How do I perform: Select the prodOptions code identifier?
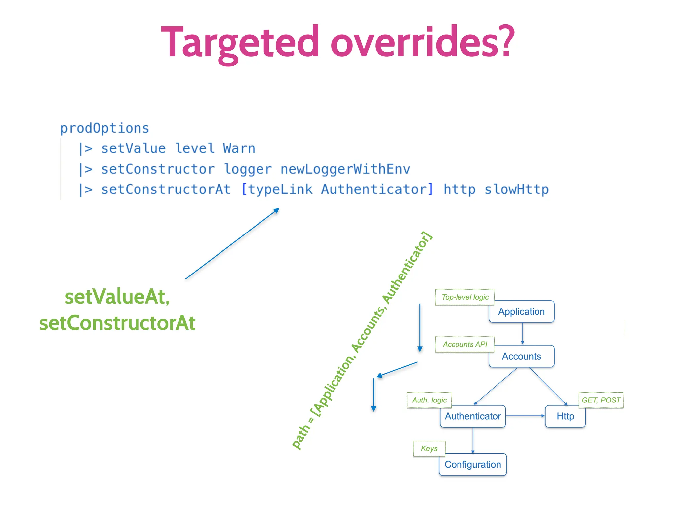coord(104,128)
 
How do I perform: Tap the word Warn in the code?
coord(239,148)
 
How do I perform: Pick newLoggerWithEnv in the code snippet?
coord(345,169)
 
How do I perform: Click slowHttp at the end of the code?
coord(516,190)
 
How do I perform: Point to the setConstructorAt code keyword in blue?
coord(166,190)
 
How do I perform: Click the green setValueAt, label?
coord(117,297)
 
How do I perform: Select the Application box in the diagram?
coord(521,312)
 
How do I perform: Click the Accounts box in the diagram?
coord(521,356)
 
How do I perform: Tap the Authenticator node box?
coord(473,416)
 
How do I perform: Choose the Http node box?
coord(565,416)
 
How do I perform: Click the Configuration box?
coord(473,465)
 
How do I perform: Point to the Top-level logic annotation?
coord(465,297)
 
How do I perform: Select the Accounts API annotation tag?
coord(465,344)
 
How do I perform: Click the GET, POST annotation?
coord(601,400)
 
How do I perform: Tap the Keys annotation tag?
coord(429,449)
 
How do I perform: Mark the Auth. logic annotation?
coord(429,400)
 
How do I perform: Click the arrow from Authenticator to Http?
coord(525,416)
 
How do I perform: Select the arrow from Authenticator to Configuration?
coord(473,440)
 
